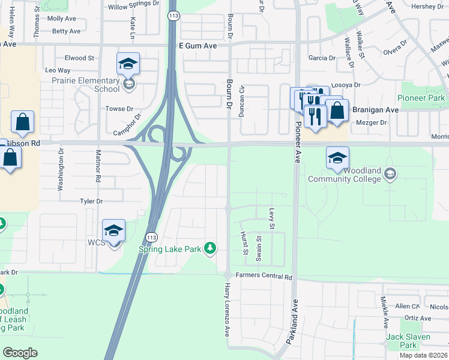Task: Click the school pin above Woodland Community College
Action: [x=337, y=158]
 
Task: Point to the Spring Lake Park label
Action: [x=170, y=249]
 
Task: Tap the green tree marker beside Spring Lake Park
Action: [x=209, y=248]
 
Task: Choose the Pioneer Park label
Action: [x=421, y=98]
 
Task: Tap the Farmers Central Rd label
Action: [x=264, y=277]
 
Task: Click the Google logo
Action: [x=20, y=352]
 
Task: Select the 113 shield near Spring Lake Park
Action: [x=152, y=237]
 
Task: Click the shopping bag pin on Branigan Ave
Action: [x=337, y=111]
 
